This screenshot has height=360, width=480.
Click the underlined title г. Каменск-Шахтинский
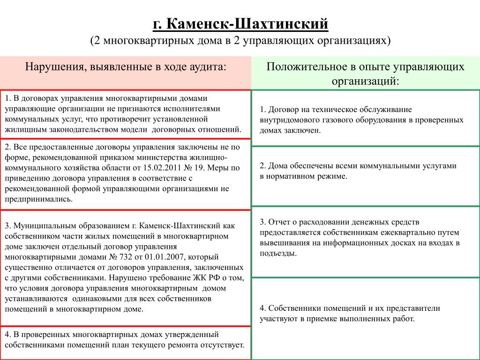[240, 23]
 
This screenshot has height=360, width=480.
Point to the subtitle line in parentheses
[240, 41]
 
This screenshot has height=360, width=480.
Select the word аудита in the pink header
[210, 67]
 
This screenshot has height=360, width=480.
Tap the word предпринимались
[39, 199]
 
